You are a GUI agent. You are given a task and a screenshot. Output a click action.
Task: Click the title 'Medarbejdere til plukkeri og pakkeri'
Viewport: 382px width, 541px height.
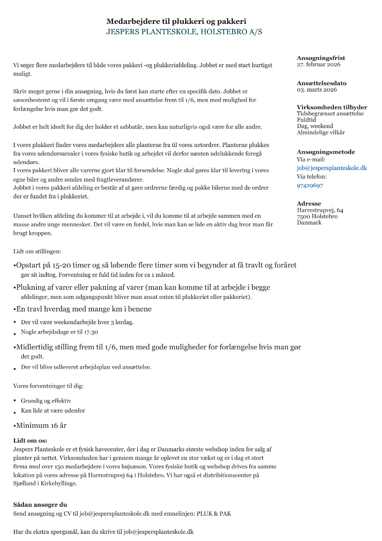(x=176, y=21)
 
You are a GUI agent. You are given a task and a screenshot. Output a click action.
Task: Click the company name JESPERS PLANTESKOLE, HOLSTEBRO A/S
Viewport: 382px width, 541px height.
(x=184, y=32)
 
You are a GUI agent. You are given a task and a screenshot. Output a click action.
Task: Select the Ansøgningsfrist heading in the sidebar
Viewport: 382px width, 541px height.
(x=321, y=58)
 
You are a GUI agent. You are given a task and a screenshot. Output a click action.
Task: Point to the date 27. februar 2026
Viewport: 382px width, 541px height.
(x=318, y=64)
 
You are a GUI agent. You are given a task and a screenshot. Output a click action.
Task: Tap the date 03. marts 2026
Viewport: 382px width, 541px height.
(x=317, y=90)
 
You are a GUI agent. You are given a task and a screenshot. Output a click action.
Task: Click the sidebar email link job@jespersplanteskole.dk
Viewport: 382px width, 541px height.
(x=332, y=168)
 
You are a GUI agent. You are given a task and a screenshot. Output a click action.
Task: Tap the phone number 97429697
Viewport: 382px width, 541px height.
(x=309, y=185)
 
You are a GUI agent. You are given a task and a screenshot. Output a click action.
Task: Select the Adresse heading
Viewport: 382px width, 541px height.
(x=309, y=204)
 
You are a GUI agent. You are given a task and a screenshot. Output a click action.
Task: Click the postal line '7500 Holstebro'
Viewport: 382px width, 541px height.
(x=317, y=216)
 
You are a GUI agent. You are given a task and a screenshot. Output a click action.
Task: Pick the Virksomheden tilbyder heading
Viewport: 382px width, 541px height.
(x=332, y=107)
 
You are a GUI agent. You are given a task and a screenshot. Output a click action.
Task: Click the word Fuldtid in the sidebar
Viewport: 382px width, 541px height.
(x=306, y=120)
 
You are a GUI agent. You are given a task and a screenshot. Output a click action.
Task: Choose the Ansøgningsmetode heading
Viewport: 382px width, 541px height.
(x=326, y=152)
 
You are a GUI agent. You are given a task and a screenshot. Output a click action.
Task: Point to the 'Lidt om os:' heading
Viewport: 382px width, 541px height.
(x=30, y=440)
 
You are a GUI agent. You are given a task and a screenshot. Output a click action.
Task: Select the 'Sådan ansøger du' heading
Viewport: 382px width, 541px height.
(x=40, y=504)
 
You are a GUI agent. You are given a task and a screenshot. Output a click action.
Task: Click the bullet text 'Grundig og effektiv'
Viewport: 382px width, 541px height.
(x=46, y=400)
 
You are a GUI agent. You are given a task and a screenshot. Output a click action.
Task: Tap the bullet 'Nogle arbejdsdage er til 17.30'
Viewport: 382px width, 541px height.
(x=59, y=332)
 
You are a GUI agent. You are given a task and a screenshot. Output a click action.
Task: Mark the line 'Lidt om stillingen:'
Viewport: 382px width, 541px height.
(x=37, y=251)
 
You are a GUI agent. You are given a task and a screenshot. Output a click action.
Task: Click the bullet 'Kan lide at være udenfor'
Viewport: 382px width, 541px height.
(x=53, y=411)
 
